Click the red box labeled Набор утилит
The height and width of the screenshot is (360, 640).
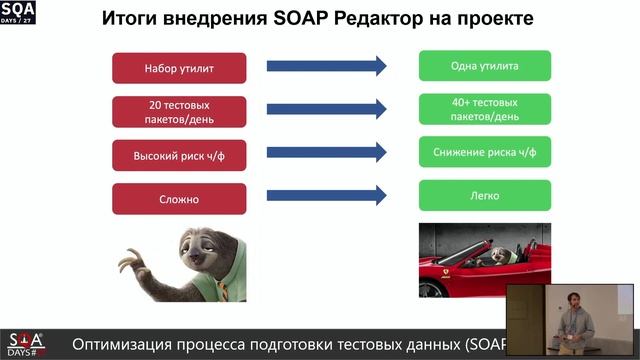[x=179, y=68]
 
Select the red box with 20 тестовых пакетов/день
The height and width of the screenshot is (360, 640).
[x=179, y=111]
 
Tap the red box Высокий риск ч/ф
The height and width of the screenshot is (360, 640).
[x=179, y=155]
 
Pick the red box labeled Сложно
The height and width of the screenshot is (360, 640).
[x=179, y=198]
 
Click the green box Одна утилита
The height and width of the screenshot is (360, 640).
[x=485, y=67]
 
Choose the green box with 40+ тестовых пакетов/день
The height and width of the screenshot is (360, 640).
[x=485, y=109]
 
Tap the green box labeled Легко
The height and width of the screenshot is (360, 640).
[x=485, y=195]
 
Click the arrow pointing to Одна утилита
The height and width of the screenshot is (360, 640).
[x=326, y=67]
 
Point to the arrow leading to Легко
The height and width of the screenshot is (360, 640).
[x=326, y=196]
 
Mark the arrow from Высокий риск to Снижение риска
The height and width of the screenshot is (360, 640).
[x=326, y=153]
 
